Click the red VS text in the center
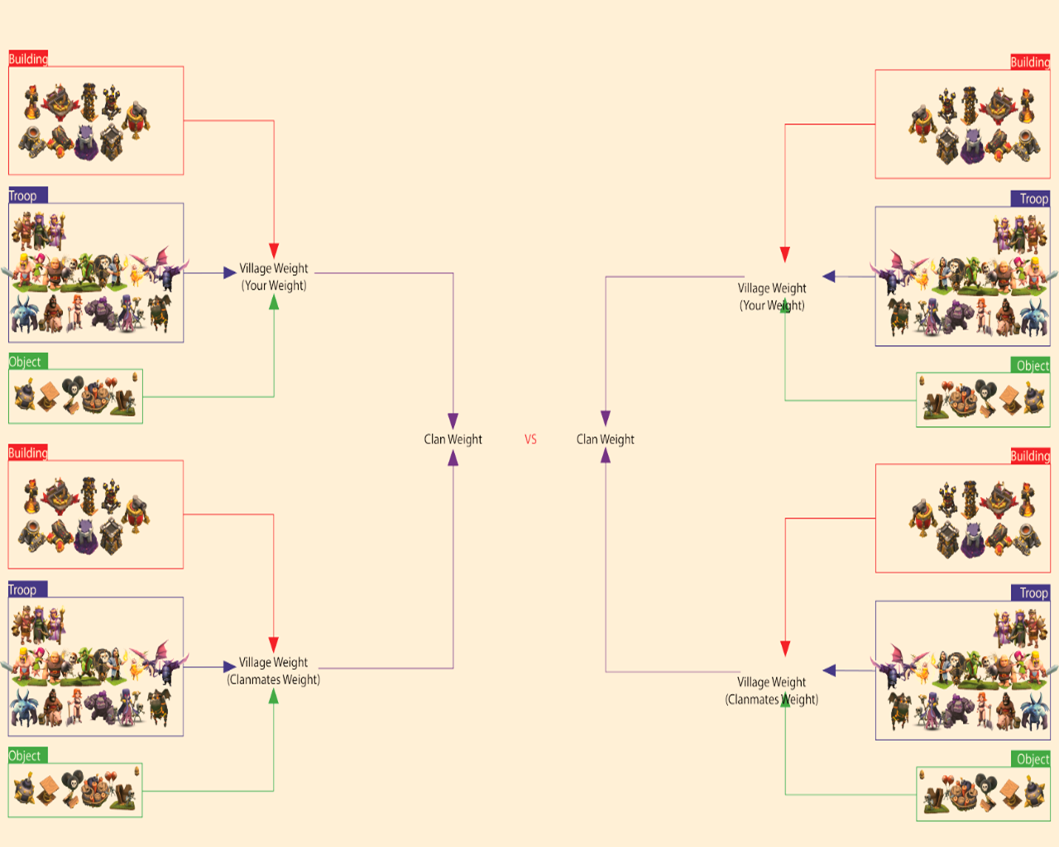[530, 439]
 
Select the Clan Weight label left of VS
[453, 439]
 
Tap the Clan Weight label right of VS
[605, 439]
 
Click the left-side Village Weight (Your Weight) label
[274, 277]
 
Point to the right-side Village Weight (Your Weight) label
[772, 296]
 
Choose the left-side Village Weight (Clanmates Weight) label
[274, 671]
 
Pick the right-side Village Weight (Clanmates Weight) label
[772, 691]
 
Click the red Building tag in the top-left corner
[28, 59]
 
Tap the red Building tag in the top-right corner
[1030, 62]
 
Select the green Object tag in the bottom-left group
[25, 755]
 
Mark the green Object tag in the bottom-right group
[1033, 759]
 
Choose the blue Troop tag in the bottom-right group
[1033, 592]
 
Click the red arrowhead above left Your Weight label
[274, 251]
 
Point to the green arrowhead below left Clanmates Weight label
[274, 696]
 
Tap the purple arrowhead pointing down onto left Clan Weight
[453, 420]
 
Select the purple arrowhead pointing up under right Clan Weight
[606, 456]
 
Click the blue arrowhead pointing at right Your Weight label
[829, 276]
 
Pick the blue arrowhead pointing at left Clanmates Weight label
[229, 667]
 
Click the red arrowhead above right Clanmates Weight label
[785, 648]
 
